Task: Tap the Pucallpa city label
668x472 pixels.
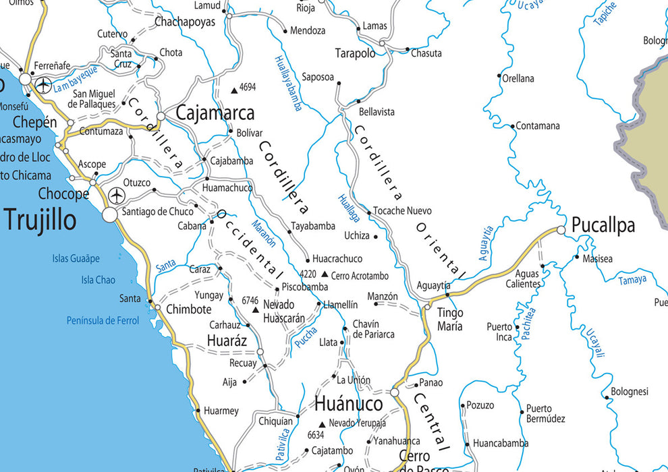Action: (x=603, y=226)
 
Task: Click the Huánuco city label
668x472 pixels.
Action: (x=349, y=403)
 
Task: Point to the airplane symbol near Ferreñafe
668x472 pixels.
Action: (x=45, y=86)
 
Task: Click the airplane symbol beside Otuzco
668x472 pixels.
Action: (x=117, y=196)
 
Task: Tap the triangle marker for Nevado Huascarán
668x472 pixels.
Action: (x=255, y=309)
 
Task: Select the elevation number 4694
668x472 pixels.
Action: (x=248, y=87)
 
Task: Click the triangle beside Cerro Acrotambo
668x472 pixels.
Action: (x=325, y=274)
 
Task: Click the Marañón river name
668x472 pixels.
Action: (x=264, y=233)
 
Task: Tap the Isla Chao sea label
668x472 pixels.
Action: (x=98, y=280)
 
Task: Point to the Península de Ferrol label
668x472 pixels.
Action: (x=103, y=321)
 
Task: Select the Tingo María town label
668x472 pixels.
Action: (x=450, y=320)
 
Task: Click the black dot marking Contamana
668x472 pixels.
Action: (x=512, y=126)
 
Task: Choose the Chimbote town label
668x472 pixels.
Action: (x=188, y=309)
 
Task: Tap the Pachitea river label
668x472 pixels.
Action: (x=528, y=322)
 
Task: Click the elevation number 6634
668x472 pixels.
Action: (x=316, y=435)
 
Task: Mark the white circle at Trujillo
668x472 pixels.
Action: (x=110, y=215)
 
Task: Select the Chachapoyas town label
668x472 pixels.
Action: (x=185, y=22)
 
